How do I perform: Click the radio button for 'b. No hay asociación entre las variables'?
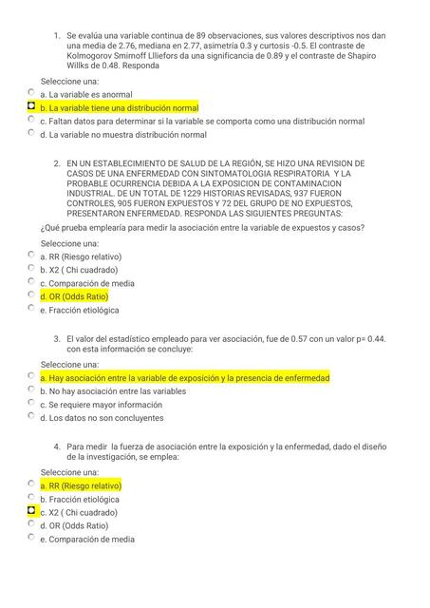pyautogui.click(x=31, y=390)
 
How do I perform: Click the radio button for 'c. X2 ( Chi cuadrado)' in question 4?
pyautogui.click(x=31, y=511)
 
